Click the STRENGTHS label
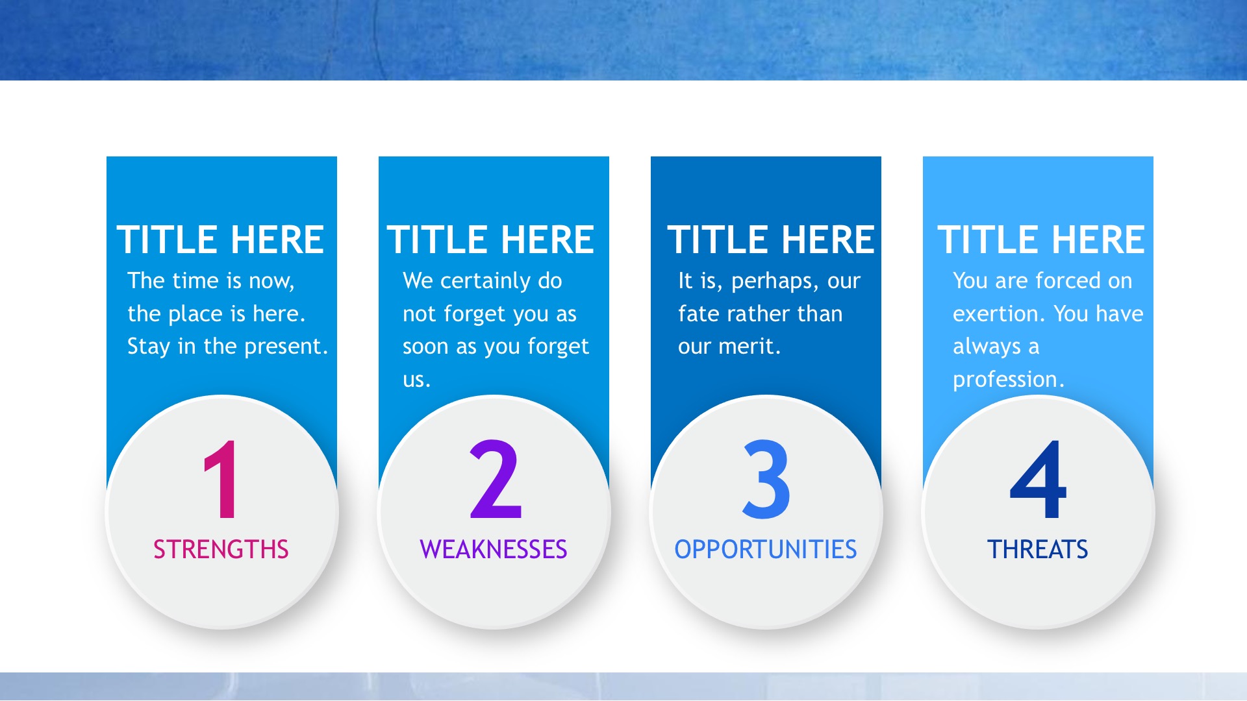[x=221, y=550]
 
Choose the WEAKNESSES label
[x=494, y=550]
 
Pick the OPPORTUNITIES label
[x=766, y=550]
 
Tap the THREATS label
[x=1038, y=550]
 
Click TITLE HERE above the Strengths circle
[x=220, y=240]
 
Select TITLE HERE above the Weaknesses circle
[x=490, y=240]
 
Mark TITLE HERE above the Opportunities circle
[x=771, y=240]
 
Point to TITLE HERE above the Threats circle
[x=1041, y=240]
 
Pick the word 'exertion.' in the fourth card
[x=999, y=314]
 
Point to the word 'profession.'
[x=1009, y=380]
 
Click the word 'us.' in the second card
[x=416, y=380]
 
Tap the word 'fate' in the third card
[x=698, y=314]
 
